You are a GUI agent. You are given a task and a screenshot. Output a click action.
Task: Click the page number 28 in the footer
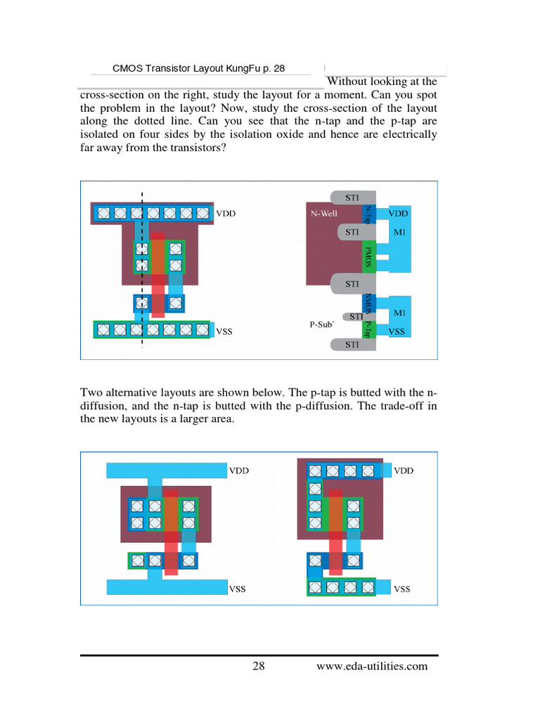(x=258, y=667)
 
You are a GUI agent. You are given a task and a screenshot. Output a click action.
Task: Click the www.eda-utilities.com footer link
(x=372, y=667)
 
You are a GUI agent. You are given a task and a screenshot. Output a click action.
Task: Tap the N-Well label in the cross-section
(x=325, y=212)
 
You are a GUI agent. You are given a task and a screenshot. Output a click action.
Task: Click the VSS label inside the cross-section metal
(x=397, y=330)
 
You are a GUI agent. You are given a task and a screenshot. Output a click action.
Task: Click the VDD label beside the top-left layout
(x=226, y=213)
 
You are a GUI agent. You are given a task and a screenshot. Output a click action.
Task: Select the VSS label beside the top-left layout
(x=224, y=330)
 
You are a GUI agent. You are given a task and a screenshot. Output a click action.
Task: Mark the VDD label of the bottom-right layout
(x=404, y=470)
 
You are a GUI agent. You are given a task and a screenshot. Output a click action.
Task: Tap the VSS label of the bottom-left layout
(x=237, y=589)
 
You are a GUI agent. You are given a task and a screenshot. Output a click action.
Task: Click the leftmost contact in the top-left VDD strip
(x=103, y=212)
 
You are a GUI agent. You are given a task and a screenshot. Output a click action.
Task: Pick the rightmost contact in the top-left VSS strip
(x=202, y=329)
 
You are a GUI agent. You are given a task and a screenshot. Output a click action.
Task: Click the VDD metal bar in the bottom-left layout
(x=166, y=470)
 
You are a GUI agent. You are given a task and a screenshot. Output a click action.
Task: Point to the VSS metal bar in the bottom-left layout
(x=166, y=586)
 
